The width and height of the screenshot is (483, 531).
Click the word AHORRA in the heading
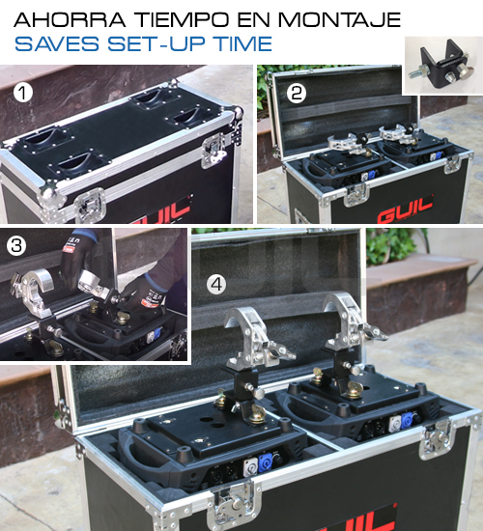tap(70, 19)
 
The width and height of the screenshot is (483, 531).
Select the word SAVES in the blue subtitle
tap(57, 43)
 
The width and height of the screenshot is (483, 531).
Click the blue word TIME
tap(242, 43)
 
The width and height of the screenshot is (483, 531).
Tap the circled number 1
tap(23, 93)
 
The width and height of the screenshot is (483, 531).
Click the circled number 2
tap(297, 93)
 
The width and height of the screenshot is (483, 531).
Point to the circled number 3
tap(16, 246)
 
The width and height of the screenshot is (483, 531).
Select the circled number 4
tap(216, 285)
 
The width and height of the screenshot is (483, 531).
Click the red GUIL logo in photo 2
tap(405, 210)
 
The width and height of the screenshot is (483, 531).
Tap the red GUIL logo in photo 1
tap(162, 211)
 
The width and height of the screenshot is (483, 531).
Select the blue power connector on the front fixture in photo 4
tap(264, 463)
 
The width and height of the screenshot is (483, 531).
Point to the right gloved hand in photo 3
tap(144, 292)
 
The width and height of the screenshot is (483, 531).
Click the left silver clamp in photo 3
tap(31, 293)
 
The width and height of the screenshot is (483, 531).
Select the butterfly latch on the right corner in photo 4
tap(437, 439)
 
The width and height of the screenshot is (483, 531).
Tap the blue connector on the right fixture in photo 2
tap(438, 155)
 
